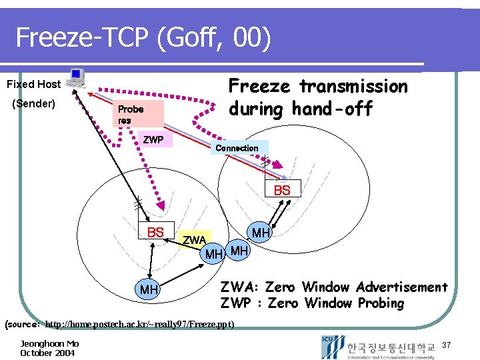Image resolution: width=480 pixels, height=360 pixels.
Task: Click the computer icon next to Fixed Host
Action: (x=76, y=78)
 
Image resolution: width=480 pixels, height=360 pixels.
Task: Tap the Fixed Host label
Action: (x=33, y=85)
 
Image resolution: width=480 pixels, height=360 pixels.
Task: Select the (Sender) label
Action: (x=34, y=104)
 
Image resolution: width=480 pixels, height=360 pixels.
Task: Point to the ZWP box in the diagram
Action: (x=153, y=140)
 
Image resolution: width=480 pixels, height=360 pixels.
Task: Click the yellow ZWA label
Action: (x=194, y=239)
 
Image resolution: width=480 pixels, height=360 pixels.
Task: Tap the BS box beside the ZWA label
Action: (x=155, y=232)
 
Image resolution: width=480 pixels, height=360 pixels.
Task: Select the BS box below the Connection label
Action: (x=283, y=190)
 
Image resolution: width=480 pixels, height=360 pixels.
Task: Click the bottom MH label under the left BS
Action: (x=149, y=290)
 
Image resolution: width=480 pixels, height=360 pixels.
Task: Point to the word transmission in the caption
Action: (x=353, y=87)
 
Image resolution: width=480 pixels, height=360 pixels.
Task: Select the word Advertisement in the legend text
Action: (x=401, y=287)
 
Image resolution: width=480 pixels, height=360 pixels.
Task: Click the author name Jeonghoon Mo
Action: (x=49, y=343)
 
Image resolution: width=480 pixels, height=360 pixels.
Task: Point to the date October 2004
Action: (x=47, y=353)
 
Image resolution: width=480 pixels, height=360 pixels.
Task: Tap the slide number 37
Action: (x=447, y=345)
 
